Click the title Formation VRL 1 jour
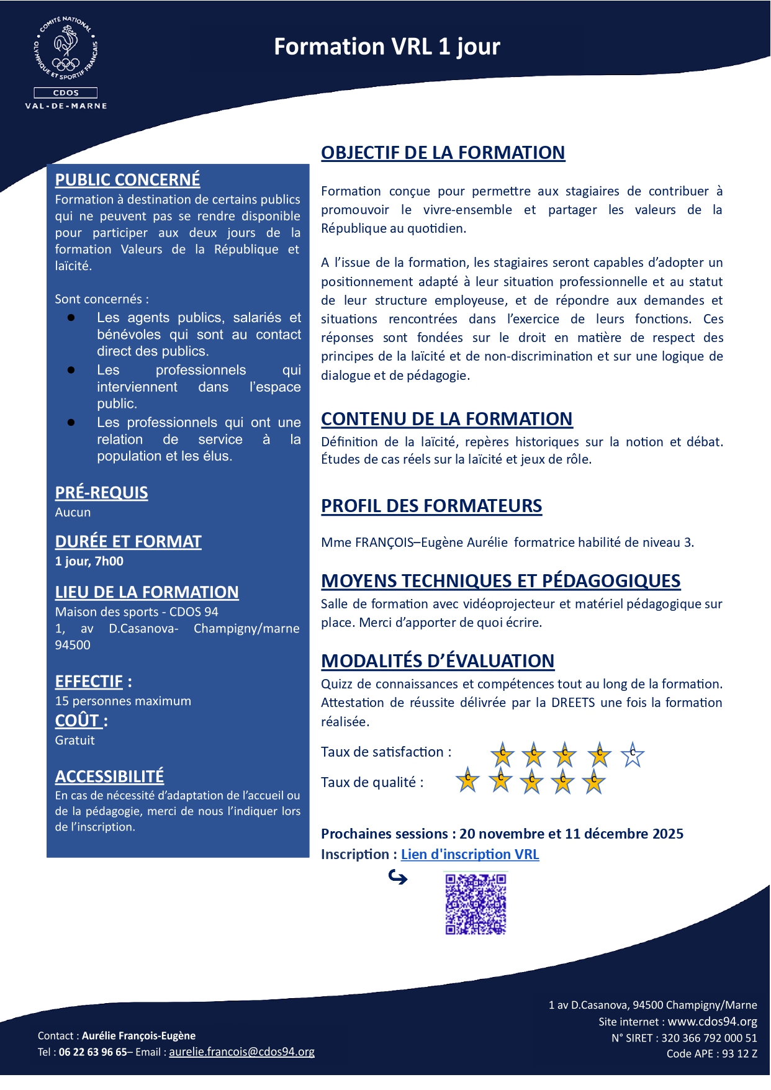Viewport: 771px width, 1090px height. click(x=387, y=47)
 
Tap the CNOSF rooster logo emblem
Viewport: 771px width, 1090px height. click(x=66, y=50)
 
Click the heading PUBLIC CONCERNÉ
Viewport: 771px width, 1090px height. click(x=127, y=179)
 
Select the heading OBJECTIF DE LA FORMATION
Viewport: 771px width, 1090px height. click(x=443, y=153)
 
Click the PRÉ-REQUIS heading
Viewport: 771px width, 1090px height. click(x=101, y=493)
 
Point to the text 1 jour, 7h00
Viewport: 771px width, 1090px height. click(x=89, y=561)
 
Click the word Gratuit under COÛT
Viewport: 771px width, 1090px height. click(x=74, y=740)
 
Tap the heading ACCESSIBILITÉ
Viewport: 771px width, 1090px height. click(x=109, y=776)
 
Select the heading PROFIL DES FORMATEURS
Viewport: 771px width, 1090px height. click(x=431, y=506)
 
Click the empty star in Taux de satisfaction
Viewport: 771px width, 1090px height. click(x=633, y=754)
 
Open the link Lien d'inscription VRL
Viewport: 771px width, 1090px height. click(x=470, y=854)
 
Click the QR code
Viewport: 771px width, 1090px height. click(x=476, y=904)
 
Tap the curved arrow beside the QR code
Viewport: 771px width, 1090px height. click(x=398, y=877)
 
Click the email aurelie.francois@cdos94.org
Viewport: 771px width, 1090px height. click(x=241, y=1052)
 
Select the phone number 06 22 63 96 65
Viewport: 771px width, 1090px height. click(x=92, y=1052)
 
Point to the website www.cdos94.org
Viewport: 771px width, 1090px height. click(x=712, y=1021)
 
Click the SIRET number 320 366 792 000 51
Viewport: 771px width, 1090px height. click(x=709, y=1037)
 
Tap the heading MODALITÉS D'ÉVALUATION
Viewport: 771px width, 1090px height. click(x=438, y=661)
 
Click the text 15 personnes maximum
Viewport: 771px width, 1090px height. click(x=123, y=701)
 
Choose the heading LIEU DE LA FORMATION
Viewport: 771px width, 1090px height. click(x=147, y=592)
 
